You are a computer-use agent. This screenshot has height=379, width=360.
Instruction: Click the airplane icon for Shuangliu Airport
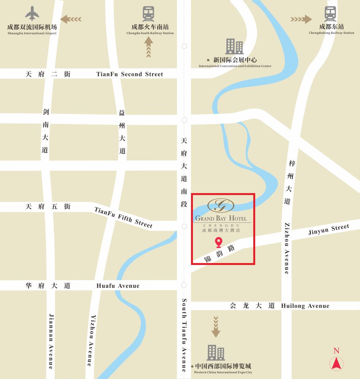pos(32,14)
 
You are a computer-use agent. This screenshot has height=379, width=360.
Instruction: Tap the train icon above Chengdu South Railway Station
pos(148,14)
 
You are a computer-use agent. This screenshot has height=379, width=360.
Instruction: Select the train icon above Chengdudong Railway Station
pos(330,14)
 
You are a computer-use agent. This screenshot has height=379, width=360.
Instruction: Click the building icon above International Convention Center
pos(234,46)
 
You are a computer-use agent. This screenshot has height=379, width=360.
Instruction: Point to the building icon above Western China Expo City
pos(216,352)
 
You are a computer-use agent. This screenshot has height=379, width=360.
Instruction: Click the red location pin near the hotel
pos(218,242)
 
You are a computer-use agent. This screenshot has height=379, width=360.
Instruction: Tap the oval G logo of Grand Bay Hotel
pos(221,205)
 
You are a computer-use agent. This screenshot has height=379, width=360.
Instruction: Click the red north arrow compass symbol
pos(336,363)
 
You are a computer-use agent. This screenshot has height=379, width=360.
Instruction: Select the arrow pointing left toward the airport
pos(71,19)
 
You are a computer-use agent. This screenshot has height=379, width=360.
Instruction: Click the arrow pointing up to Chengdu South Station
pos(148,47)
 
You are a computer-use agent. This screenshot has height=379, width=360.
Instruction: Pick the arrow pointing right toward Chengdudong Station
pos(301,19)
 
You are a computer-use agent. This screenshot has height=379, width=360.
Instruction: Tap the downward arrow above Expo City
pos(216,327)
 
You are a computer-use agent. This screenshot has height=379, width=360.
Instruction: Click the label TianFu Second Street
pos(129,74)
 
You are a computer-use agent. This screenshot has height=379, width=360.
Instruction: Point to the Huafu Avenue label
pos(118,286)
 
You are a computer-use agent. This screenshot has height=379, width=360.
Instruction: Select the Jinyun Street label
pos(328,230)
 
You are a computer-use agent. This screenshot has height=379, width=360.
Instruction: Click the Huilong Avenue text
pos(305,306)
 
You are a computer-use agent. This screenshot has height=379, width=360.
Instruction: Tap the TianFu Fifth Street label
pos(123,217)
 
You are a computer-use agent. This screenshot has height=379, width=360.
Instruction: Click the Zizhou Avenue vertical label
pos(287,248)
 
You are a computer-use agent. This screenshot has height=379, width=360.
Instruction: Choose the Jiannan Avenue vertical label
pos(51,341)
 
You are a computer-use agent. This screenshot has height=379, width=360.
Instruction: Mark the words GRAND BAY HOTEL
pos(221,218)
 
